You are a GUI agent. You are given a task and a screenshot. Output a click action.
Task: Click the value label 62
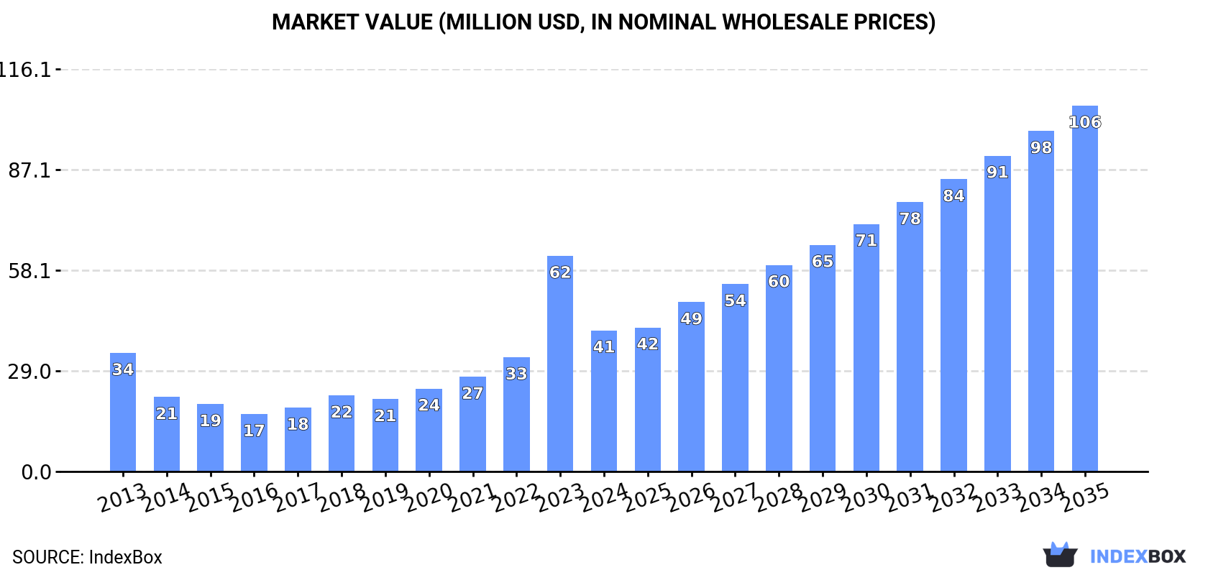[559, 272]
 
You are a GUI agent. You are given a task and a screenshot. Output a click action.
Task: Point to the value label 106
[1084, 122]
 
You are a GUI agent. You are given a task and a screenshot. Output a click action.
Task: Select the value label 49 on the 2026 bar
[691, 318]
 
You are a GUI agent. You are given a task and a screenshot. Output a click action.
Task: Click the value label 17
[254, 431]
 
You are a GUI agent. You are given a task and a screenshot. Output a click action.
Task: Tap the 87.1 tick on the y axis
[29, 170]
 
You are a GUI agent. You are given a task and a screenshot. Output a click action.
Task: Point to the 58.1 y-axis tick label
[29, 271]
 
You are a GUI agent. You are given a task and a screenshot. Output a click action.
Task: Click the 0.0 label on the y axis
[36, 472]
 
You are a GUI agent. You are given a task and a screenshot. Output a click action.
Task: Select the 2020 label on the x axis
[429, 497]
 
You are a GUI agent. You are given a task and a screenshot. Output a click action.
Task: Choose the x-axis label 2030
[866, 497]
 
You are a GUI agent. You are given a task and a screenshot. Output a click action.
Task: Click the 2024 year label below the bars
[604, 497]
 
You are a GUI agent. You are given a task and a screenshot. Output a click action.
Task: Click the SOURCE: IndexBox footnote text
[87, 557]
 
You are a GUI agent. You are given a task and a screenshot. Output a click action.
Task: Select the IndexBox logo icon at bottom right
[1060, 555]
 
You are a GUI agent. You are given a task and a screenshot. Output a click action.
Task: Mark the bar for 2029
[822, 359]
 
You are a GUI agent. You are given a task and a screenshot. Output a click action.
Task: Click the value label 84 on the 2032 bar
[953, 195]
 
